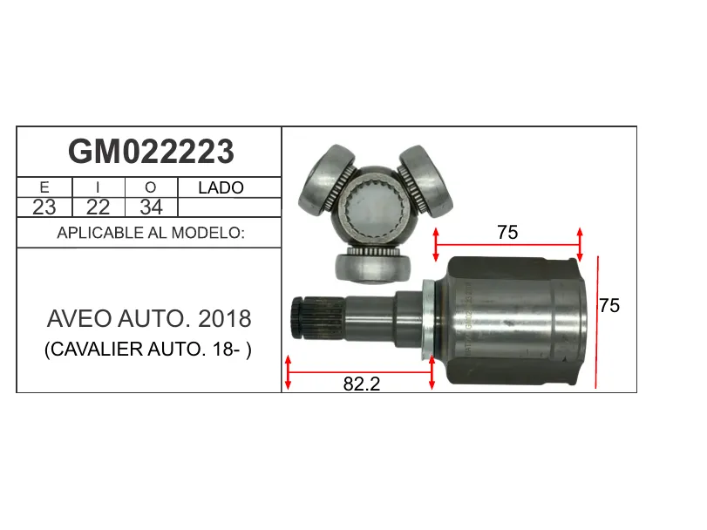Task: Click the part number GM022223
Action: tap(151, 152)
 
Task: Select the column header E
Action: tap(44, 187)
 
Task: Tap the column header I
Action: tap(98, 187)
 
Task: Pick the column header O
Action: tap(151, 187)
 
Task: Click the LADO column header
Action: tap(221, 187)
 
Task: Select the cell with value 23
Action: tap(44, 207)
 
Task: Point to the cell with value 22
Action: tap(98, 207)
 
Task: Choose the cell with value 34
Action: tap(151, 207)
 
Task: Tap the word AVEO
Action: tap(79, 319)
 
